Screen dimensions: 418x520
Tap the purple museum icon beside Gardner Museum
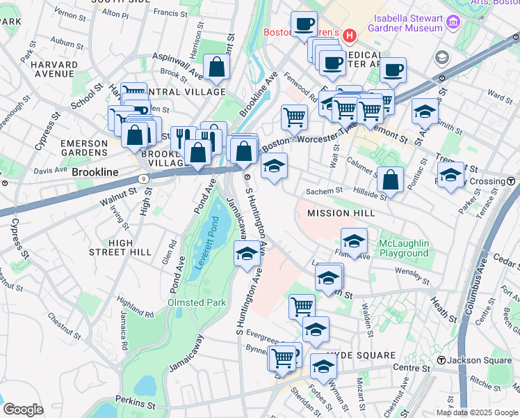click(x=453, y=23)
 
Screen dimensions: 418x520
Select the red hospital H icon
click(x=350, y=33)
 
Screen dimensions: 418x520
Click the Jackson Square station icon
click(x=441, y=360)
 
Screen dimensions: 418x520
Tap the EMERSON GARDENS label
click(x=84, y=148)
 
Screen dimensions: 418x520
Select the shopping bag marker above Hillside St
click(x=391, y=180)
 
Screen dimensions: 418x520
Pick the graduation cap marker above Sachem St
click(x=274, y=167)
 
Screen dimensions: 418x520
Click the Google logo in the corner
click(x=22, y=410)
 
